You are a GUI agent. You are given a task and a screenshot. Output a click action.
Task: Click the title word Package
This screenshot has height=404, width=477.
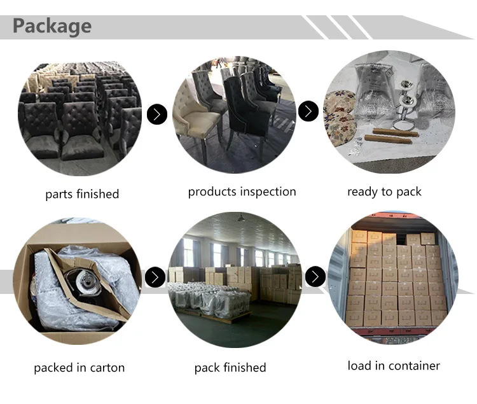tap(52, 26)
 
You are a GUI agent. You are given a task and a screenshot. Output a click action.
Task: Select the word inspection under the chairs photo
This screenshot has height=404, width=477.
tap(270, 192)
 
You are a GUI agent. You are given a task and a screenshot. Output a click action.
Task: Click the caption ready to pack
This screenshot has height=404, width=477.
tap(384, 192)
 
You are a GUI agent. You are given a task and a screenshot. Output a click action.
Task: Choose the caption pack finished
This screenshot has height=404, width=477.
tap(230, 368)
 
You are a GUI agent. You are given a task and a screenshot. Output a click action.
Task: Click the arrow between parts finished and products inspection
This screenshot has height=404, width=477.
tap(157, 115)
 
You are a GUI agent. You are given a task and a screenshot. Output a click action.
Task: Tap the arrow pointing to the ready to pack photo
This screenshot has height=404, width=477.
tap(308, 111)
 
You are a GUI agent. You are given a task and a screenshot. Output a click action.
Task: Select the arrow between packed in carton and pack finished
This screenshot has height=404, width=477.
tap(155, 277)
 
